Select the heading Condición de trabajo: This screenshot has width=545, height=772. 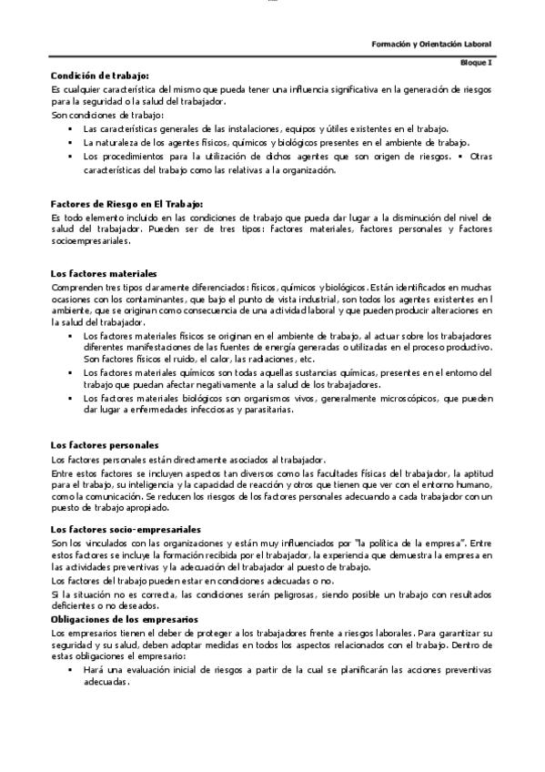coord(100,76)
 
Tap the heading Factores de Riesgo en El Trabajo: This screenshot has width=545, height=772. coord(126,204)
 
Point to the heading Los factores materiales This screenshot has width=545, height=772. coord(104,274)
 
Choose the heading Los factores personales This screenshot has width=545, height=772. coord(105,444)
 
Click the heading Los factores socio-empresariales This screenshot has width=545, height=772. coord(126,529)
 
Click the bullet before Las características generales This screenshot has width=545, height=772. coord(70,130)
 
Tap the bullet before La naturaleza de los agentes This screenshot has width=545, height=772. coord(70,144)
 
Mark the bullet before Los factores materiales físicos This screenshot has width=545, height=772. coord(70,336)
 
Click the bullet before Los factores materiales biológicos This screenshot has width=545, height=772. coord(70,399)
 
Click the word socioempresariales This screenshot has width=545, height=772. coord(91,242)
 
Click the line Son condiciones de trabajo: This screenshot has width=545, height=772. coord(106,117)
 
